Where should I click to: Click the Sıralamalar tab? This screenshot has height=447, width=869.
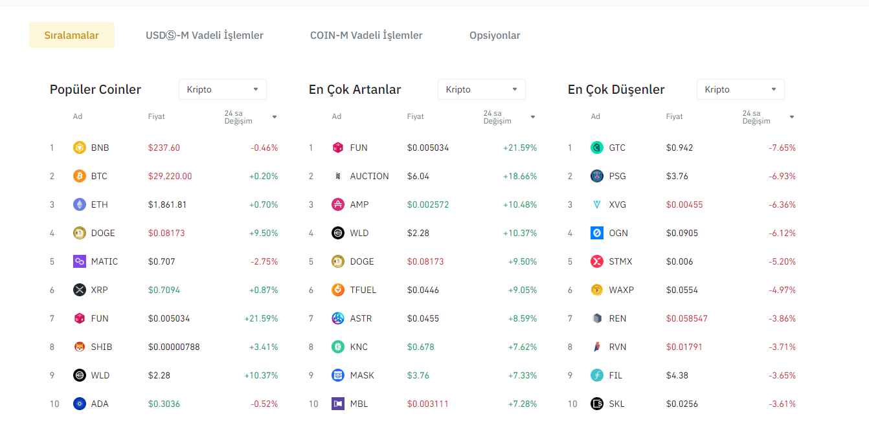[x=71, y=36]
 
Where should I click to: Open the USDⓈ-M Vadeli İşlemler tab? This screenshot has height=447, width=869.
[x=205, y=36]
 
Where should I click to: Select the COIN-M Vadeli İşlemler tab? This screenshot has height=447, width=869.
[x=366, y=36]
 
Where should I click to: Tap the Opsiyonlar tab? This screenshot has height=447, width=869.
[x=495, y=36]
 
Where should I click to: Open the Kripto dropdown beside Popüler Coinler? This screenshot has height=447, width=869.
[x=222, y=89]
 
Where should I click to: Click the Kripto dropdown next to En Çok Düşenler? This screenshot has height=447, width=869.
[x=740, y=89]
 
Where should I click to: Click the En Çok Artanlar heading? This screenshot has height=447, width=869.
[x=355, y=89]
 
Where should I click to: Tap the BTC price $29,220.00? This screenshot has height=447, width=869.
[x=170, y=176]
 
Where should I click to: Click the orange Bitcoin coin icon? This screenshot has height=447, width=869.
[x=80, y=176]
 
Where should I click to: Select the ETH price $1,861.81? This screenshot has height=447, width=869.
[x=167, y=204]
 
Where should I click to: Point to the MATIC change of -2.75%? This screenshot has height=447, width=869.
[x=264, y=261]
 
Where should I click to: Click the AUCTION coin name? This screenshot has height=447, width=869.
[x=369, y=176]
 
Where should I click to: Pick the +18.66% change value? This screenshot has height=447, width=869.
[x=520, y=176]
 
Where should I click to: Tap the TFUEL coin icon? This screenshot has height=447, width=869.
[x=338, y=290]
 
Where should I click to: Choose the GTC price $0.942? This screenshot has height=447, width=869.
[x=679, y=147]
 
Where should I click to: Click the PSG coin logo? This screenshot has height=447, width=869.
[x=597, y=176]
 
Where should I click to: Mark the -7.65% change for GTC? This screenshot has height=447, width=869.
[x=782, y=147]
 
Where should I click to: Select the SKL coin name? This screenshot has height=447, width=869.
[x=616, y=404]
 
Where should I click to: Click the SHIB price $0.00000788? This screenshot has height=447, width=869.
[x=174, y=347]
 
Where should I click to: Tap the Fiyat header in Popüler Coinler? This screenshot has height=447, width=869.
[x=157, y=116]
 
